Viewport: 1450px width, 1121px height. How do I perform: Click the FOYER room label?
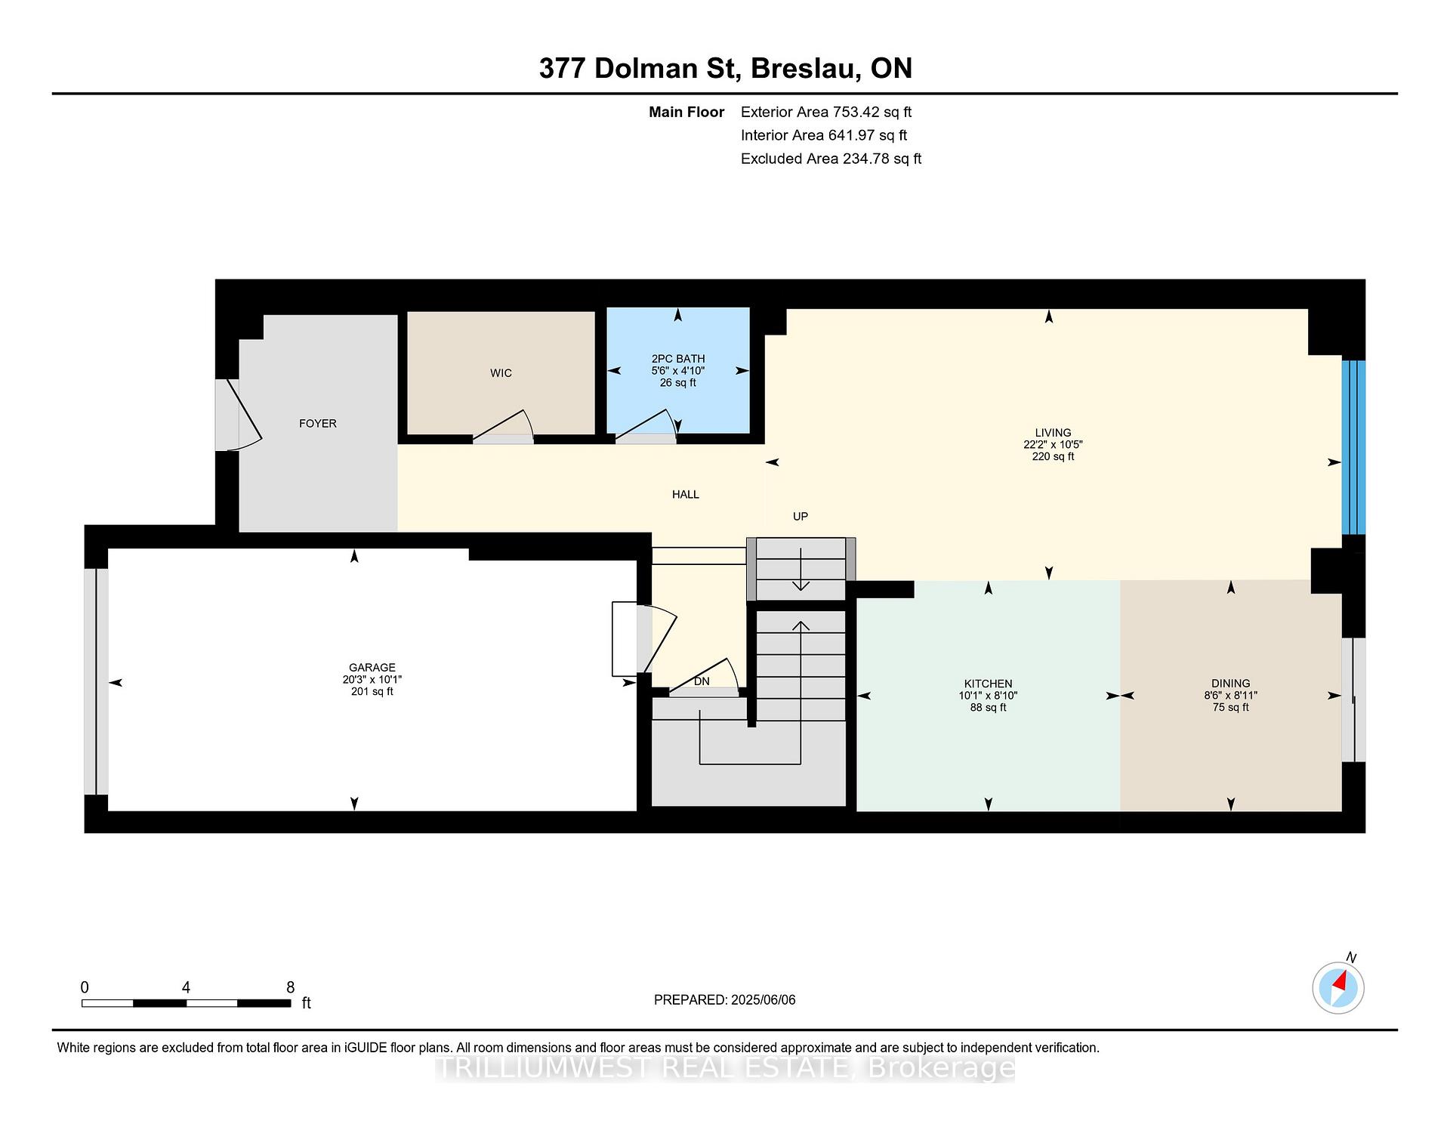pos(317,424)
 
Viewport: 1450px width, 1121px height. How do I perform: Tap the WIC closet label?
pos(501,373)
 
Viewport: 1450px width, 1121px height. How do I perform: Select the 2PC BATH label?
pos(678,359)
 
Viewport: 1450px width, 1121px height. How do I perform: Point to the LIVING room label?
pos(1053,433)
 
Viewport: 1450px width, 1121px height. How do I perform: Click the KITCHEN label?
pos(988,684)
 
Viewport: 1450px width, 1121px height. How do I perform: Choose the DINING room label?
pos(1230,684)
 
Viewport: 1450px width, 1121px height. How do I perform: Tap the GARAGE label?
pos(372,668)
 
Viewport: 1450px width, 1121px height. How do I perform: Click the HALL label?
pos(686,495)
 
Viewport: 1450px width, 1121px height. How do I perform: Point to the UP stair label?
pos(801,517)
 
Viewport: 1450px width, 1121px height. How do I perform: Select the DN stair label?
pos(702,681)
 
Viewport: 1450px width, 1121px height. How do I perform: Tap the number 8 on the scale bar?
pos(291,987)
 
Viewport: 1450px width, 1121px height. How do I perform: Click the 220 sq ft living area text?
pos(1053,457)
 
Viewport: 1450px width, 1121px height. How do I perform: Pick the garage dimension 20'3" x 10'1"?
pos(372,680)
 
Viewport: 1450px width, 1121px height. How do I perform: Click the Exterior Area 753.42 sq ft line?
pos(826,113)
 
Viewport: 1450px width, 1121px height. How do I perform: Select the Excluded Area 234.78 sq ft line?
pos(831,159)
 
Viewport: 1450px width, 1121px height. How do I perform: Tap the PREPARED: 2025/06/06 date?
pos(725,1000)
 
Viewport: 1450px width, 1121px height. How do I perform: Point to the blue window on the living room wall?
pos(1353,447)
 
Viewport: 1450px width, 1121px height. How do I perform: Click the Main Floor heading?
pos(686,113)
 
